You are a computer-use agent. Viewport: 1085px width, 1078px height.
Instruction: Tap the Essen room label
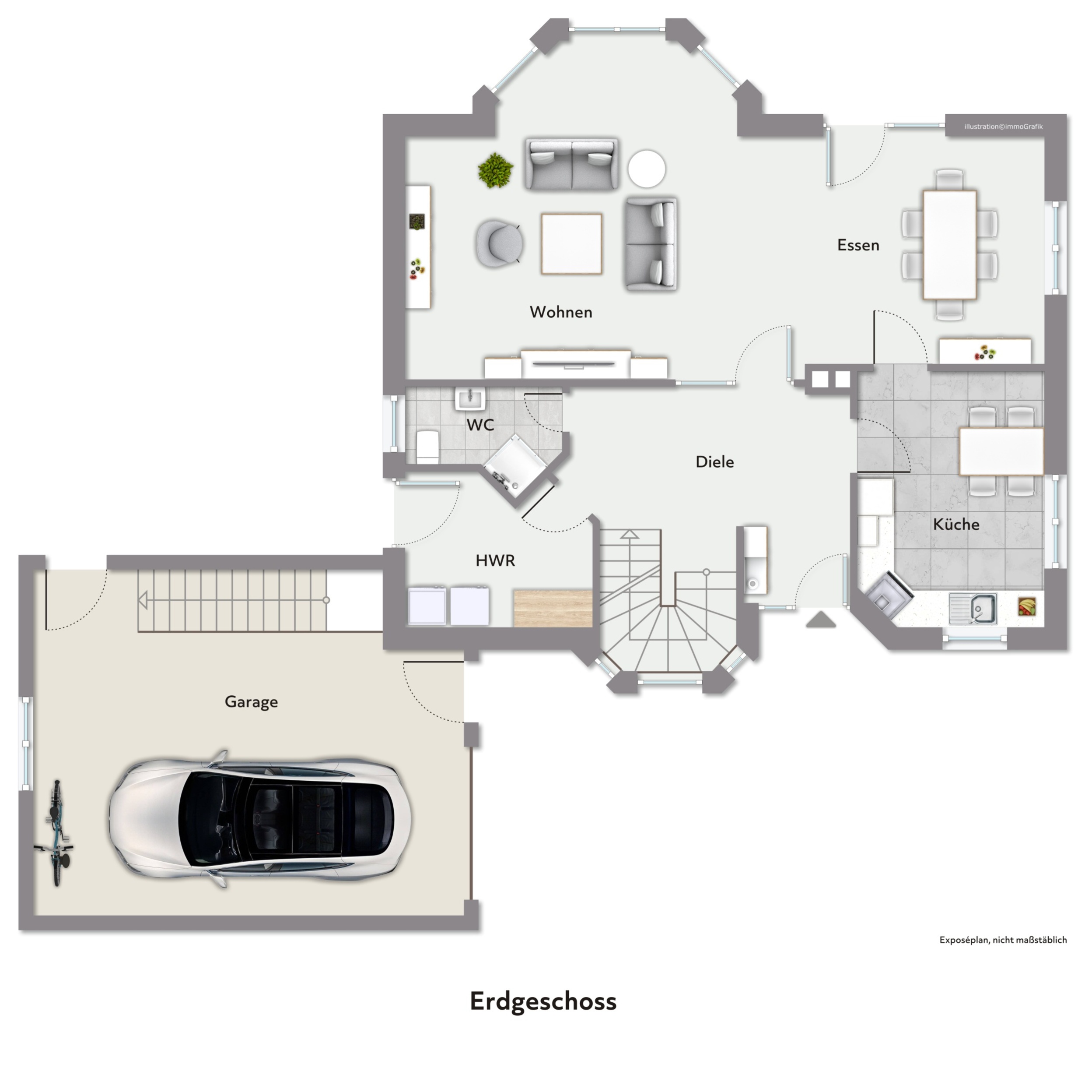coord(858,245)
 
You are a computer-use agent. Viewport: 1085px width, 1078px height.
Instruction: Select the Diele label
coord(714,462)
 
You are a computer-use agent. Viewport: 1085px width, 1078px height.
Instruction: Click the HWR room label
coord(495,560)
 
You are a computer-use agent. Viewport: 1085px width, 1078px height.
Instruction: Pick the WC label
coord(480,425)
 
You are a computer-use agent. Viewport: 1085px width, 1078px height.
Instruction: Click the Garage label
coord(251,702)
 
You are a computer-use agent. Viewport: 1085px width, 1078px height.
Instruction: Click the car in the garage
coord(259,819)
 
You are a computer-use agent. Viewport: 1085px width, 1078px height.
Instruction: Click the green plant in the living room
coord(495,170)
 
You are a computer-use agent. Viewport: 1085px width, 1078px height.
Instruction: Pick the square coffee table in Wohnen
coord(571,243)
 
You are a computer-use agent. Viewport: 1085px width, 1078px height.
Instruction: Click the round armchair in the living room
coord(499,243)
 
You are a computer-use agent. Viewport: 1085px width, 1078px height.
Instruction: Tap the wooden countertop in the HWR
coord(553,608)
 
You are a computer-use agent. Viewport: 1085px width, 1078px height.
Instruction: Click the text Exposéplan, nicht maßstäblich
coord(1003,940)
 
